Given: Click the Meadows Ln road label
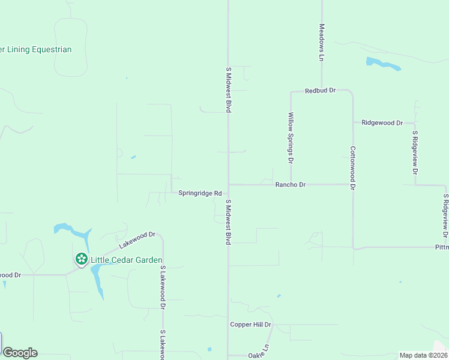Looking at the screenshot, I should [322, 42].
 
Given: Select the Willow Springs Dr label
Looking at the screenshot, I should [291, 138].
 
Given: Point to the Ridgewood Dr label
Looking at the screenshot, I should [382, 122].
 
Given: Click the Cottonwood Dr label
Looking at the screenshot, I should [353, 169].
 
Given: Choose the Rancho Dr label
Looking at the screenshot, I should [291, 185].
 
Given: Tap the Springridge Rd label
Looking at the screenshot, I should [200, 193].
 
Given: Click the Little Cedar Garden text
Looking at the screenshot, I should [126, 260].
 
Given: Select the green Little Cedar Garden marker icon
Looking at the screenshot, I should [81, 259].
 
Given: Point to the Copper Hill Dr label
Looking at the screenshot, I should [251, 325].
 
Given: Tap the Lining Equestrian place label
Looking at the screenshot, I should [36, 49].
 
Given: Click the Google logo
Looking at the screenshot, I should [20, 353].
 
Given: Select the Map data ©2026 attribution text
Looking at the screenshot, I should [423, 355].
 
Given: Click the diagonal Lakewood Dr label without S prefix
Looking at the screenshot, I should [137, 240].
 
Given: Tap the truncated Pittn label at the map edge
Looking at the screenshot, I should [441, 247].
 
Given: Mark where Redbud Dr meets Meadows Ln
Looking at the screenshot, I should [322, 91].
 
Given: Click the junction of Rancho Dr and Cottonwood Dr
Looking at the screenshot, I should [352, 185].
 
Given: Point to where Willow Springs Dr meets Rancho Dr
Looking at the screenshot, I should [291, 185].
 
